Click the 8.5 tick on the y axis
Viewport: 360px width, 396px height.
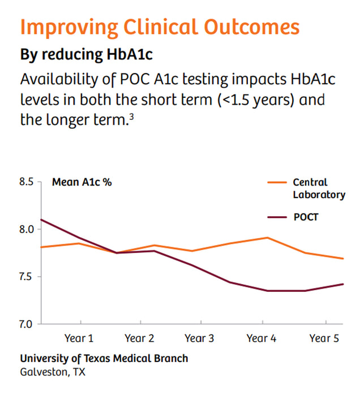tap(27, 182)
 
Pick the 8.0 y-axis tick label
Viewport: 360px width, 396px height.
tap(27, 229)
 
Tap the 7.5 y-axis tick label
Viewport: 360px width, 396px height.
tap(27, 277)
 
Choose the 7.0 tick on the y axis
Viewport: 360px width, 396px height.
tap(27, 324)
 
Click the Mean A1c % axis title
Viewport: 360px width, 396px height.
tap(82, 182)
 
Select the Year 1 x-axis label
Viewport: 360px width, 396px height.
tap(79, 338)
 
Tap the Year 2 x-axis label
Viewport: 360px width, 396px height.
tap(139, 338)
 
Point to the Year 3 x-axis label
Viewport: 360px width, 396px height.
tap(199, 338)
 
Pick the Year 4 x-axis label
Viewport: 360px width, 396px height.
tap(262, 338)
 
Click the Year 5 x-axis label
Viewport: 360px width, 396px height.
tap(324, 338)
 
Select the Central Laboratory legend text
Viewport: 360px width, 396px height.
tap(319, 188)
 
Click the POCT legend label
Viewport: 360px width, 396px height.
tap(306, 217)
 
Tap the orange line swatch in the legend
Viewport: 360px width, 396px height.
tap(276, 183)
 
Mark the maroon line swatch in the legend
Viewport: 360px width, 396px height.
tap(276, 217)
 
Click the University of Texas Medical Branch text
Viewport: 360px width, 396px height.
tap(104, 359)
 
